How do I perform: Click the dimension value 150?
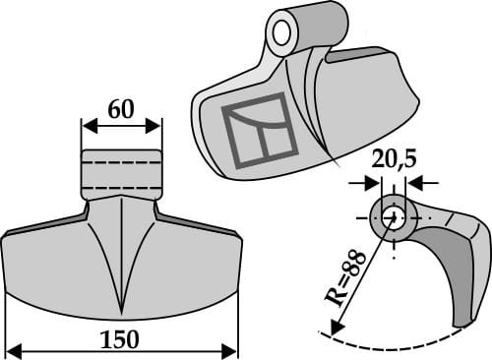tap(121, 339)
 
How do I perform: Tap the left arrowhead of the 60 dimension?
tap(86, 126)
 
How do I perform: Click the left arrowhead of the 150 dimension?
tap(11, 349)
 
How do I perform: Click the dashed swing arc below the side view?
tap(394, 346)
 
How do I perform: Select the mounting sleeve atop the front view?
tap(121, 173)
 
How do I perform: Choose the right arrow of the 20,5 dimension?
tap(413, 182)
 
